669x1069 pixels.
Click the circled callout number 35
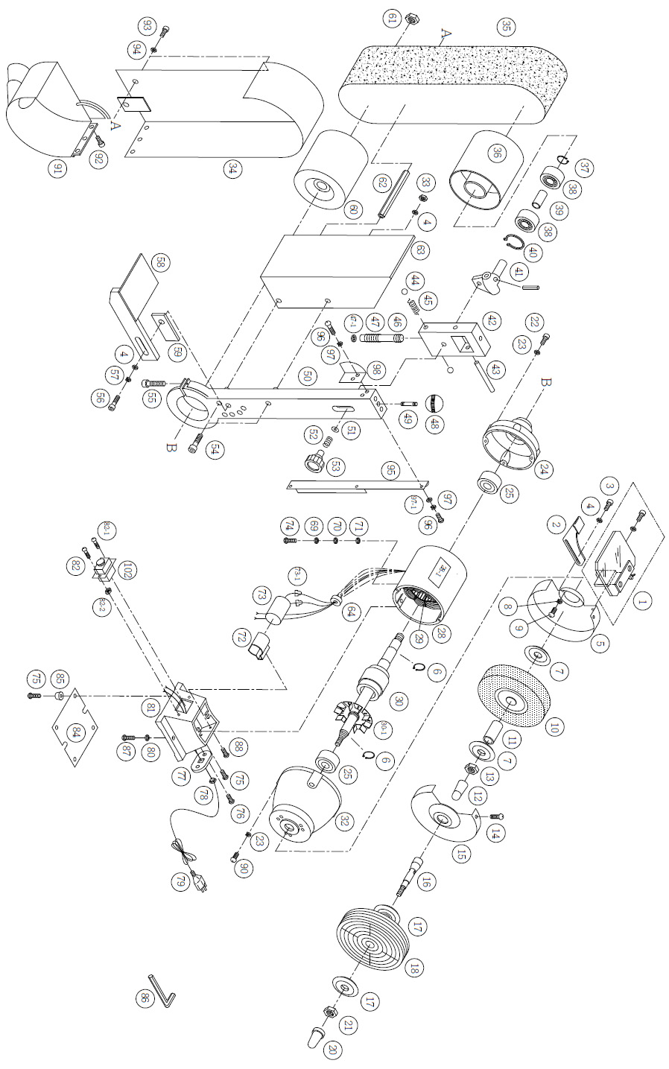(506, 28)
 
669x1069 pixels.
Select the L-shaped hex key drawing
(164, 989)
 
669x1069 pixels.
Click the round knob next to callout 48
(434, 403)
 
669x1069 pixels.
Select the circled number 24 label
(543, 469)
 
